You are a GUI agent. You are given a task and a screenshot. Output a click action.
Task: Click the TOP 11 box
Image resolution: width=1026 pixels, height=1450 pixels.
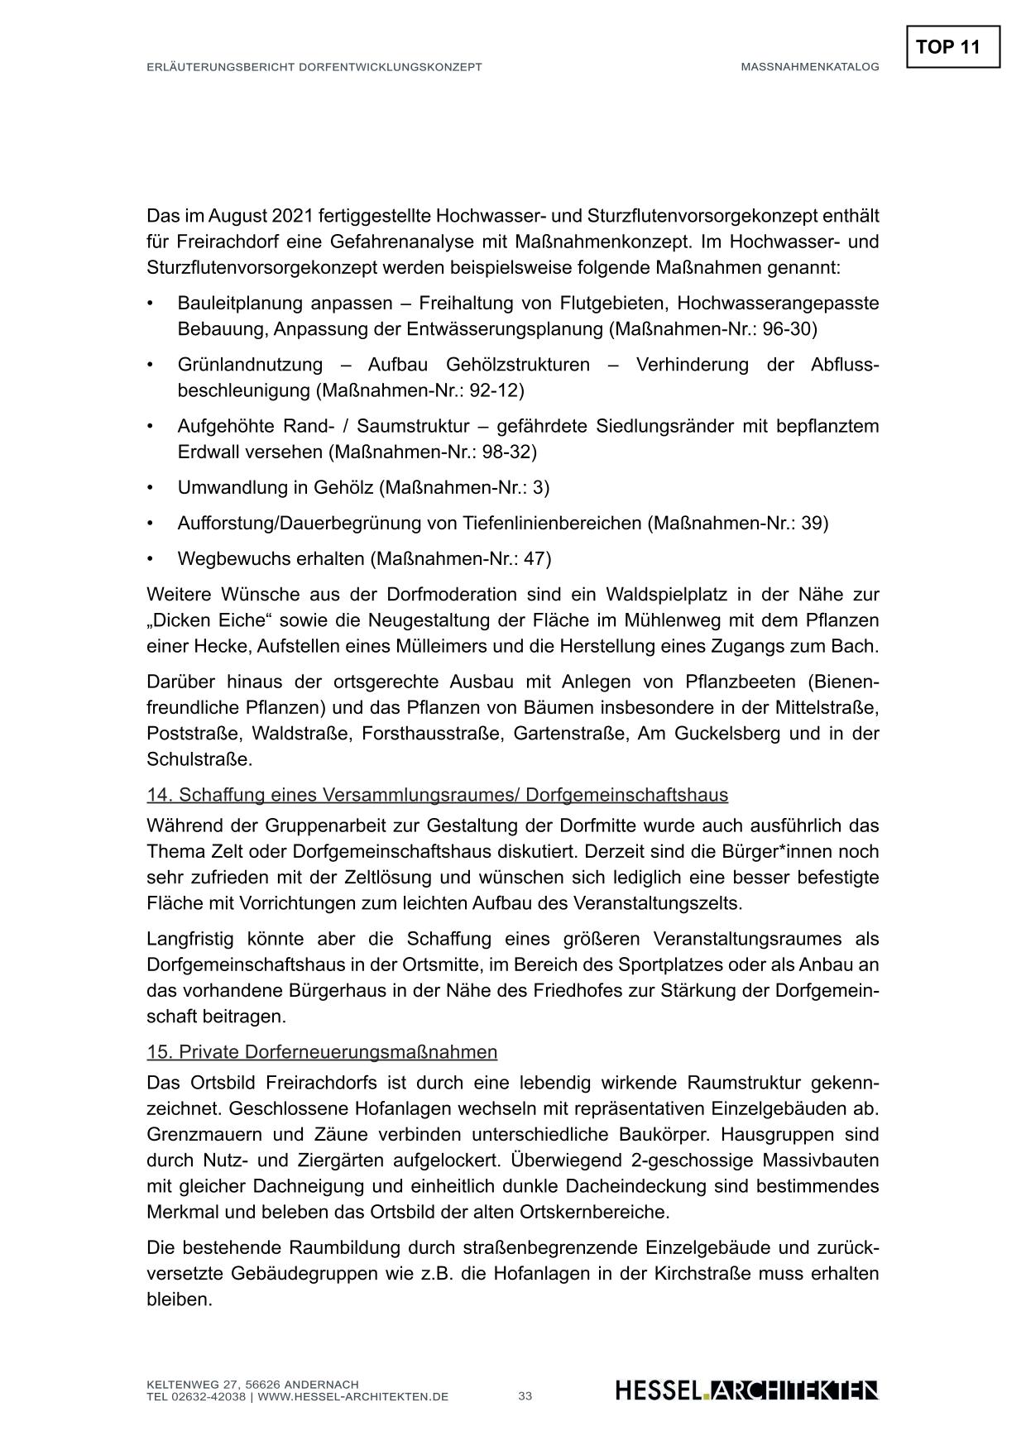click(952, 47)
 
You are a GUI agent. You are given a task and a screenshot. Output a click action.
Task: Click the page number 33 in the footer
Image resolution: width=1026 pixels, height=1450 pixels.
click(525, 1396)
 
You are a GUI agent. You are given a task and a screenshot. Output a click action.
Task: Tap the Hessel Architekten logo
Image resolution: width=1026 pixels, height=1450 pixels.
click(746, 1390)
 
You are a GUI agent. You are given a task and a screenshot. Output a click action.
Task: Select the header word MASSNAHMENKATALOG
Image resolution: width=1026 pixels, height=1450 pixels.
click(809, 67)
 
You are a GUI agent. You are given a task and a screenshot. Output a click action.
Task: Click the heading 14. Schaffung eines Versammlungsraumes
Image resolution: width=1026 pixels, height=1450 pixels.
click(437, 795)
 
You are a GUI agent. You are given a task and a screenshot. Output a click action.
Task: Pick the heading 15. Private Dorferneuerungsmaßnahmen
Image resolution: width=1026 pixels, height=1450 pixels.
click(322, 1052)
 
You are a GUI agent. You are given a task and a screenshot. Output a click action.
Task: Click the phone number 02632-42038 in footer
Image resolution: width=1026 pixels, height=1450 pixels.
click(207, 1397)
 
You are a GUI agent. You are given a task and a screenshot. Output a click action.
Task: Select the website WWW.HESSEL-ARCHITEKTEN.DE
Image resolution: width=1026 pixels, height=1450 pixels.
click(353, 1397)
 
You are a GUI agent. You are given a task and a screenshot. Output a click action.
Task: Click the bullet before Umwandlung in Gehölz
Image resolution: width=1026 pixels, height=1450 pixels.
click(151, 488)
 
